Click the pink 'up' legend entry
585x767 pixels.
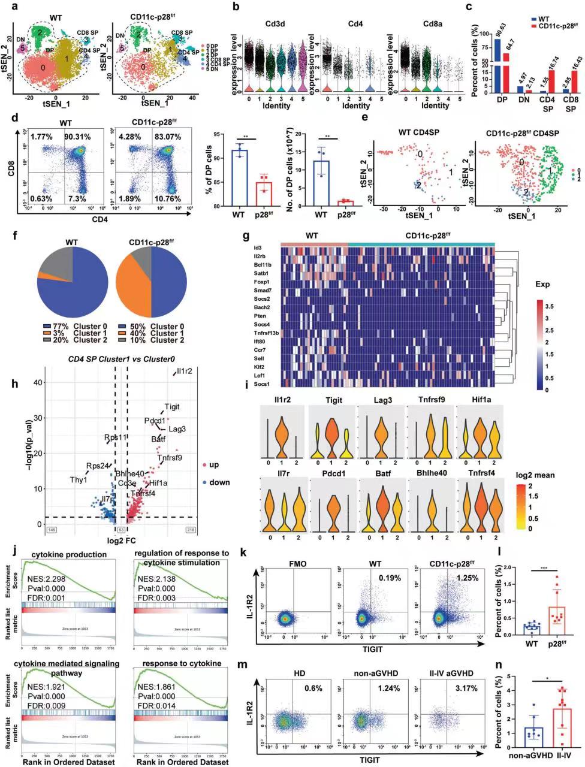[211, 465]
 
